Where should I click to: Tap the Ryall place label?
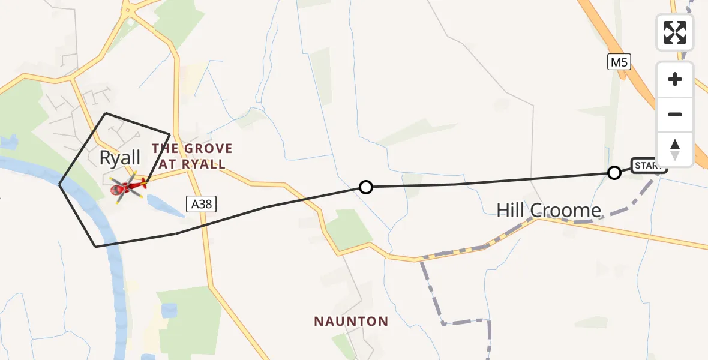pos(120,158)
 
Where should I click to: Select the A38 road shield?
pos(202,205)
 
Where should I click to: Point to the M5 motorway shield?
pos(619,62)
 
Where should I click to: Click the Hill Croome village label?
pos(548,210)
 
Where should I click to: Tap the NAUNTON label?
pos(351,322)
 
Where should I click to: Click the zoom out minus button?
pos(675,114)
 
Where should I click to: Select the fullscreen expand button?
pos(675,32)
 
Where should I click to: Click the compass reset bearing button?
pos(675,149)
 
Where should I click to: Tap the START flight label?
pos(649,166)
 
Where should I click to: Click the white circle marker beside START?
pos(614,173)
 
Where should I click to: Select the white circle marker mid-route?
pos(365,187)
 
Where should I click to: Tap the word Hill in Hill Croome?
pos(511,210)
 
